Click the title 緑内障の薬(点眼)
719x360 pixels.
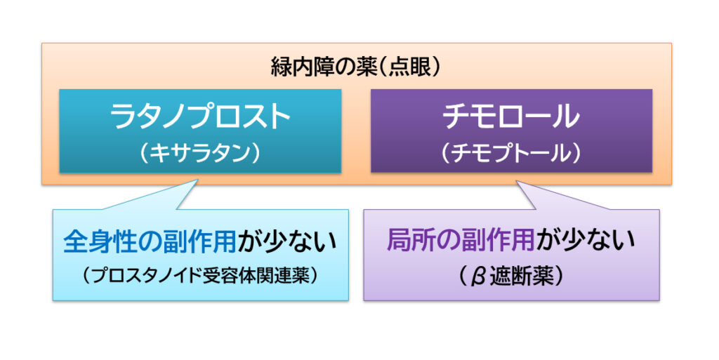click(x=356, y=68)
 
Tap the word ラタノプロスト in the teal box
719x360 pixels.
click(x=200, y=116)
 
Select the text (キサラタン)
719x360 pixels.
click(x=200, y=152)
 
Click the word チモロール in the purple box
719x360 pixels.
click(x=511, y=116)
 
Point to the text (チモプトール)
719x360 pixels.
click(x=511, y=152)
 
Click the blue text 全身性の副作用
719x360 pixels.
click(x=150, y=241)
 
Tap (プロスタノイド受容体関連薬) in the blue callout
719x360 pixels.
click(x=200, y=276)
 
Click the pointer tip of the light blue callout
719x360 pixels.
click(x=198, y=180)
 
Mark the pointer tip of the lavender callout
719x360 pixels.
click(x=517, y=181)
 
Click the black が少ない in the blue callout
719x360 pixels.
click(x=287, y=241)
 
